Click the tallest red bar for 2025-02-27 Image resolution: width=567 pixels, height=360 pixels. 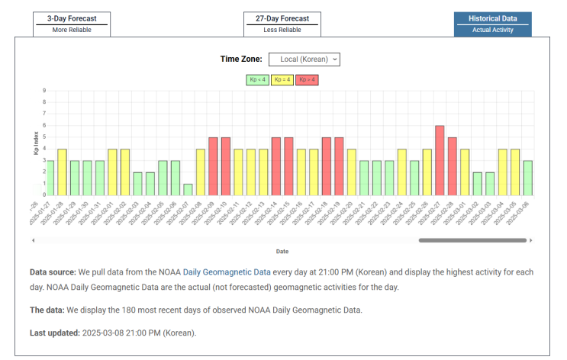coord(440,160)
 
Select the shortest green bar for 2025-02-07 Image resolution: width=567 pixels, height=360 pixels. coord(188,190)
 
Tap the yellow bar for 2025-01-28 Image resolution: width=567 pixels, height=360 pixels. coord(63,172)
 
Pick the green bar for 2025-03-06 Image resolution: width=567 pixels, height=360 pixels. coord(549,178)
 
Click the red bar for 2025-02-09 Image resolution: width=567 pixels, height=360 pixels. coord(213,166)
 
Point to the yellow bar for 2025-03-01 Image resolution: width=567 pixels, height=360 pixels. coord(485,172)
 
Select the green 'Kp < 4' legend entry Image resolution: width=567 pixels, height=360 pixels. coord(256,79)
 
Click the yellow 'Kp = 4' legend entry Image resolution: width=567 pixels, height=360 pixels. coord(282,79)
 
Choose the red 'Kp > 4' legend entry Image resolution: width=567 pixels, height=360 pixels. coord(308,79)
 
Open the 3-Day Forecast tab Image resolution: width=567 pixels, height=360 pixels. coord(71,24)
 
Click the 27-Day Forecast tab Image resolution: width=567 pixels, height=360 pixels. coord(282,24)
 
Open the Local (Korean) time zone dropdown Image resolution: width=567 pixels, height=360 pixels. coord(304,59)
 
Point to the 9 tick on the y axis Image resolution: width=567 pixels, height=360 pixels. coord(44,91)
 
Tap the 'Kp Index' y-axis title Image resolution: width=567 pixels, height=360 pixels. coord(36,143)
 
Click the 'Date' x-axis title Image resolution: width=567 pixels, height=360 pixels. coord(282,251)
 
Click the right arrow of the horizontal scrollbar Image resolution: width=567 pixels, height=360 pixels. coord(530,240)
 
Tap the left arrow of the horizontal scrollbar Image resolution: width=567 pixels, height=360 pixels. coord(33,240)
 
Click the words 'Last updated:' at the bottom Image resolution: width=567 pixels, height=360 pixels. coord(54,333)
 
